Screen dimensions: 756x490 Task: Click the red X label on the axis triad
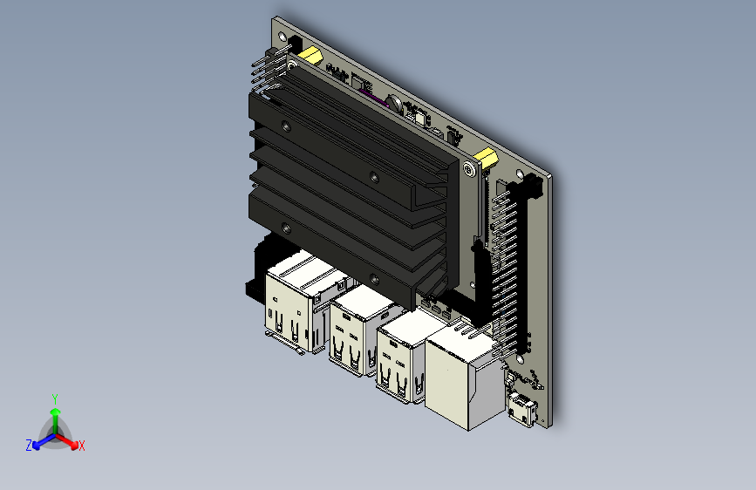tap(81, 446)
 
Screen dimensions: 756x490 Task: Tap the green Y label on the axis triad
tap(55, 399)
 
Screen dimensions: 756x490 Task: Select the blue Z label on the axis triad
tap(29, 446)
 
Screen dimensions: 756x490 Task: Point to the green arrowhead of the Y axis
tap(56, 412)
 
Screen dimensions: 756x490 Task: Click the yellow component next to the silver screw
tap(486, 159)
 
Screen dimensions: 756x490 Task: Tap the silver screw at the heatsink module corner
tap(467, 168)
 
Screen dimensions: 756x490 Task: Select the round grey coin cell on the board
tap(396, 104)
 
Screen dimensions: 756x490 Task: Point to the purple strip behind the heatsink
tap(373, 97)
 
